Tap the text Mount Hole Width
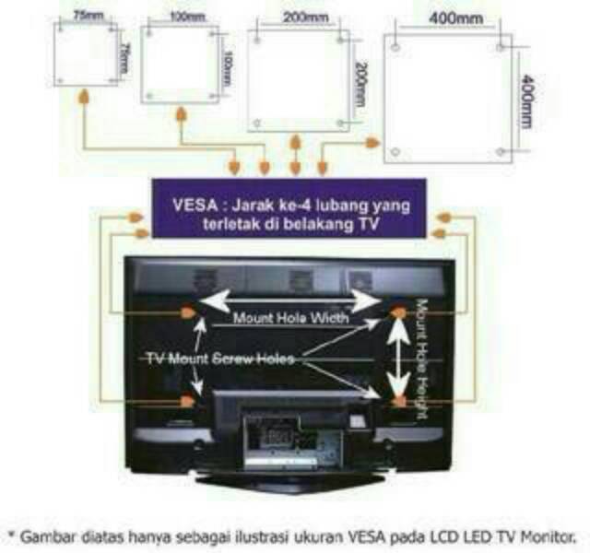coord(289,318)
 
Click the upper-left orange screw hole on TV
coord(187,312)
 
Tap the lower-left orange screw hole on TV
coord(188,402)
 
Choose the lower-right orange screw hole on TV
coord(399,403)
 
